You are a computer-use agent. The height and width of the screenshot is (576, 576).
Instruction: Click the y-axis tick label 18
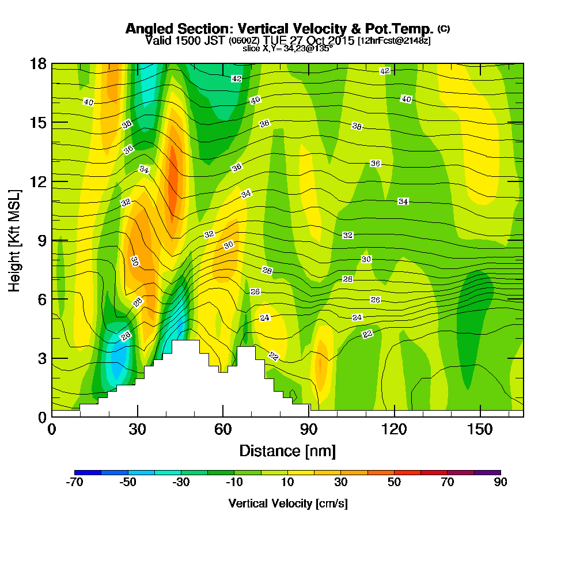coord(37,64)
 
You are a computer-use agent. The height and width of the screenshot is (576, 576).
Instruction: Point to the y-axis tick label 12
coord(37,181)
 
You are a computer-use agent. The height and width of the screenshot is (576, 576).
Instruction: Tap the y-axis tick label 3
coord(41,358)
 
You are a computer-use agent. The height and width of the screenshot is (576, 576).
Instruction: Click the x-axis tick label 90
coord(309,430)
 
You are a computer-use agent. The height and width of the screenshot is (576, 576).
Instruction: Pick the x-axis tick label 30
coord(137,430)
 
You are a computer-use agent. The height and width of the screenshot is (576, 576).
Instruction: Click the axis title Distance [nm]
coord(287,450)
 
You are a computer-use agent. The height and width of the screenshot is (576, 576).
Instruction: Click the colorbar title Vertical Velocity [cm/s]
coord(287,503)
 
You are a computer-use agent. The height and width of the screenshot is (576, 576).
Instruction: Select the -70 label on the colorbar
coord(75,482)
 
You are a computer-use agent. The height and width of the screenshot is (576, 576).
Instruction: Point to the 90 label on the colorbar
coord(501,482)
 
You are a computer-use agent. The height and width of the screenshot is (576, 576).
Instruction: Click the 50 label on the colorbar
coord(394,482)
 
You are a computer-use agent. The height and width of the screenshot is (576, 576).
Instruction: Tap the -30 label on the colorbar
coord(181,482)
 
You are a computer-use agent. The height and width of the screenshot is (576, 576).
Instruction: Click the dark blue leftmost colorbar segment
coord(88,472)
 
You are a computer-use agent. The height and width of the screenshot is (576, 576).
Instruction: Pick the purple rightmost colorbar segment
coord(487,472)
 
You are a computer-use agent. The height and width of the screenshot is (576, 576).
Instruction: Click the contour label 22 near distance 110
coord(367,334)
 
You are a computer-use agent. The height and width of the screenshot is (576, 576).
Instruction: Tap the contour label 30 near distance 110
coord(366,259)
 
